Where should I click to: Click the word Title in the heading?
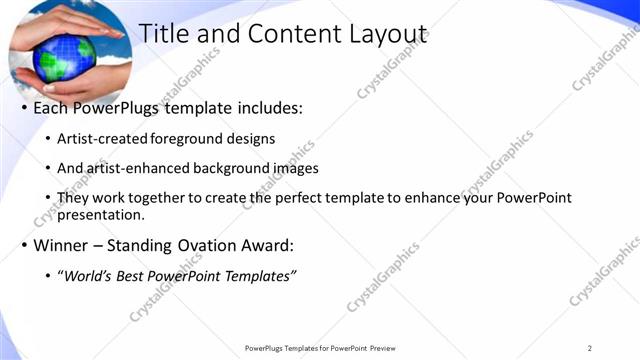tap(163, 34)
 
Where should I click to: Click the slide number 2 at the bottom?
tap(591, 348)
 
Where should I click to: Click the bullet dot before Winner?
tap(23, 245)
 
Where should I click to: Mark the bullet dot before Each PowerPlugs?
tap(23, 107)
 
